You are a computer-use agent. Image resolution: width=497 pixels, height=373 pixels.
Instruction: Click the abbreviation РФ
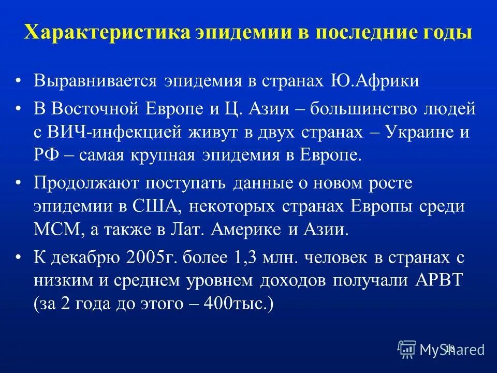tap(45, 155)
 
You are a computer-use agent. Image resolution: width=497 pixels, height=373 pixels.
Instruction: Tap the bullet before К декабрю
tap(19, 257)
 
